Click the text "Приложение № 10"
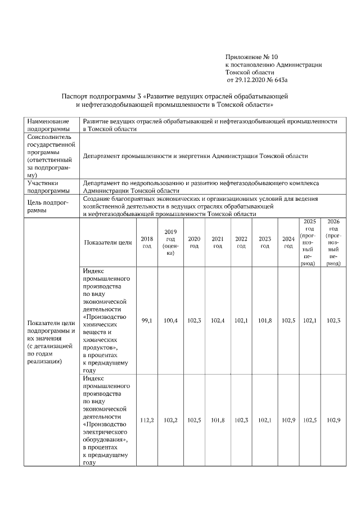[251, 57]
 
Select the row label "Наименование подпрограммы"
[47, 125]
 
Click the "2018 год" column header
[147, 242]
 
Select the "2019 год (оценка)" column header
[170, 242]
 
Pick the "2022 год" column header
[241, 242]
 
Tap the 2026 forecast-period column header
[333, 242]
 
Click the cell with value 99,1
[147, 321]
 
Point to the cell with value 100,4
[170, 321]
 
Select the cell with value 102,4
[218, 321]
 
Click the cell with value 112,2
[147, 420]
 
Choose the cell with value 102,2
[170, 420]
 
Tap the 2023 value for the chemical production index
[265, 321]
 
